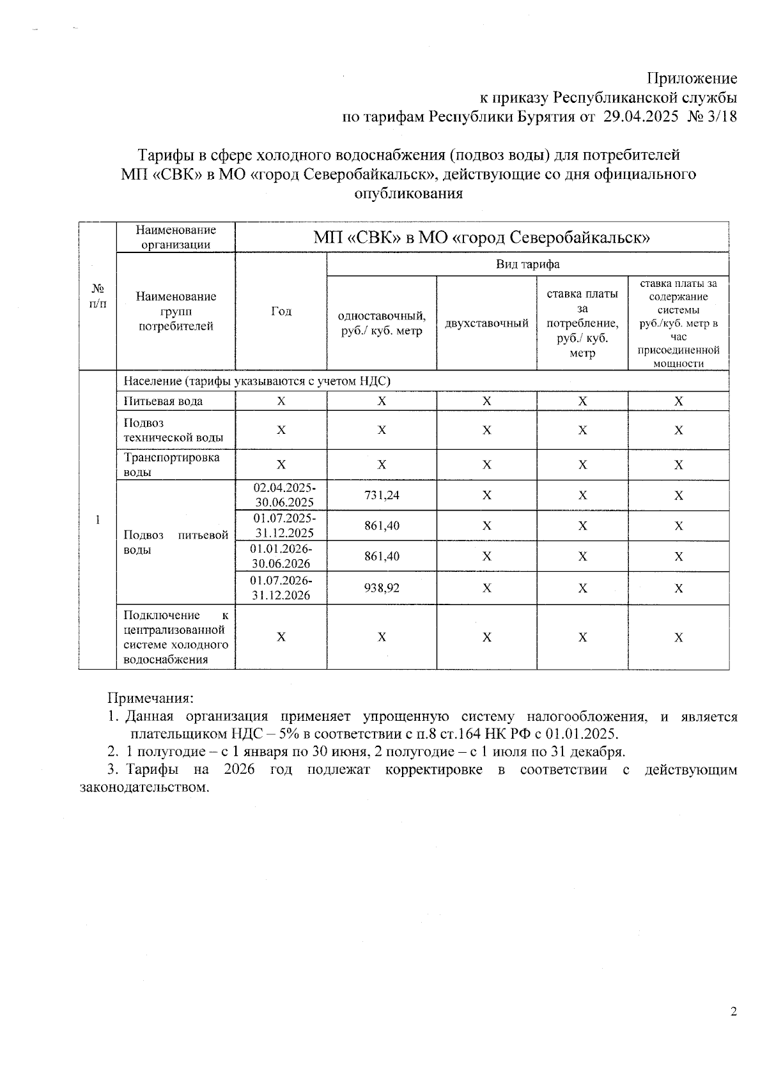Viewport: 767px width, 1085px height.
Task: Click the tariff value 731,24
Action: pyautogui.click(x=382, y=495)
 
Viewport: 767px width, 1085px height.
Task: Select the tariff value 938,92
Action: pyautogui.click(x=382, y=588)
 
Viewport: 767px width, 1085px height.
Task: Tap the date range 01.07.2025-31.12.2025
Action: pyautogui.click(x=281, y=525)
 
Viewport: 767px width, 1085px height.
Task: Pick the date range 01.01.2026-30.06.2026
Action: pyautogui.click(x=281, y=556)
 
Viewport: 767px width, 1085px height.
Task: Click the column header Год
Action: pyautogui.click(x=281, y=311)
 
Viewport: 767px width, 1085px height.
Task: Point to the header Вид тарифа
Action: pyautogui.click(x=527, y=264)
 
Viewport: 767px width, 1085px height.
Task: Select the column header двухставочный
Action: pyautogui.click(x=486, y=323)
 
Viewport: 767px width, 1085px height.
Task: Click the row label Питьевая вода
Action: pyautogui.click(x=164, y=401)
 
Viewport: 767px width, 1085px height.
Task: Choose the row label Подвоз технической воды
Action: pyautogui.click(x=173, y=430)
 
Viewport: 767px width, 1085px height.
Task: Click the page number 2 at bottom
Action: pyautogui.click(x=733, y=1012)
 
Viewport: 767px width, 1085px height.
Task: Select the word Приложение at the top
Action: pyautogui.click(x=692, y=79)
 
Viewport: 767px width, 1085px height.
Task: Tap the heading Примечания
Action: pyautogui.click(x=150, y=698)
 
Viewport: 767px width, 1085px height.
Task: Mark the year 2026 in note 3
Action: pyautogui.click(x=239, y=769)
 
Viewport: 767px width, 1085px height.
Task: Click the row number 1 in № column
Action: pyautogui.click(x=97, y=520)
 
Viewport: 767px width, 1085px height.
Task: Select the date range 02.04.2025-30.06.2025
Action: pyautogui.click(x=281, y=495)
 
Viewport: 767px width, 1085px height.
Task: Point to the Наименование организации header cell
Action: pyautogui.click(x=176, y=237)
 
